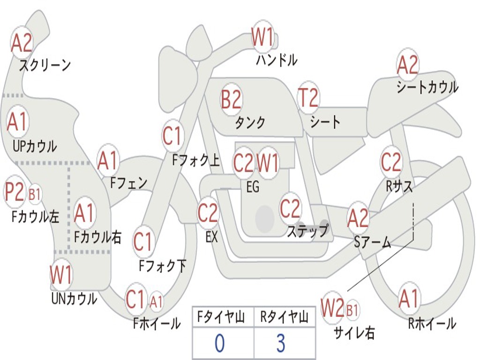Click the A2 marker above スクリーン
coord(22,43)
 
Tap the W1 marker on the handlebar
coord(262,37)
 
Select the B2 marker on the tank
coord(231,99)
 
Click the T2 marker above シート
coord(308,97)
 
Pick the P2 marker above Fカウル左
coord(15,192)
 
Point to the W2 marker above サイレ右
coord(332,307)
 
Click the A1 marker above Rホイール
coord(409,298)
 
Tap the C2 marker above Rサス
coord(391,162)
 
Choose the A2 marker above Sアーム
coord(358,218)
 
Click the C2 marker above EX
coord(208,213)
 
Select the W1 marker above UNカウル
coord(61,274)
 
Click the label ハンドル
coord(277,60)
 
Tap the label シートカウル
coord(427,87)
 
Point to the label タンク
coord(250,122)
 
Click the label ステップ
coord(307,230)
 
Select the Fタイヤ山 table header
coord(221,317)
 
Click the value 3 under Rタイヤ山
coord(281,343)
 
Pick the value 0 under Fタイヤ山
coord(219,343)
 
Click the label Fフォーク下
coord(162,266)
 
